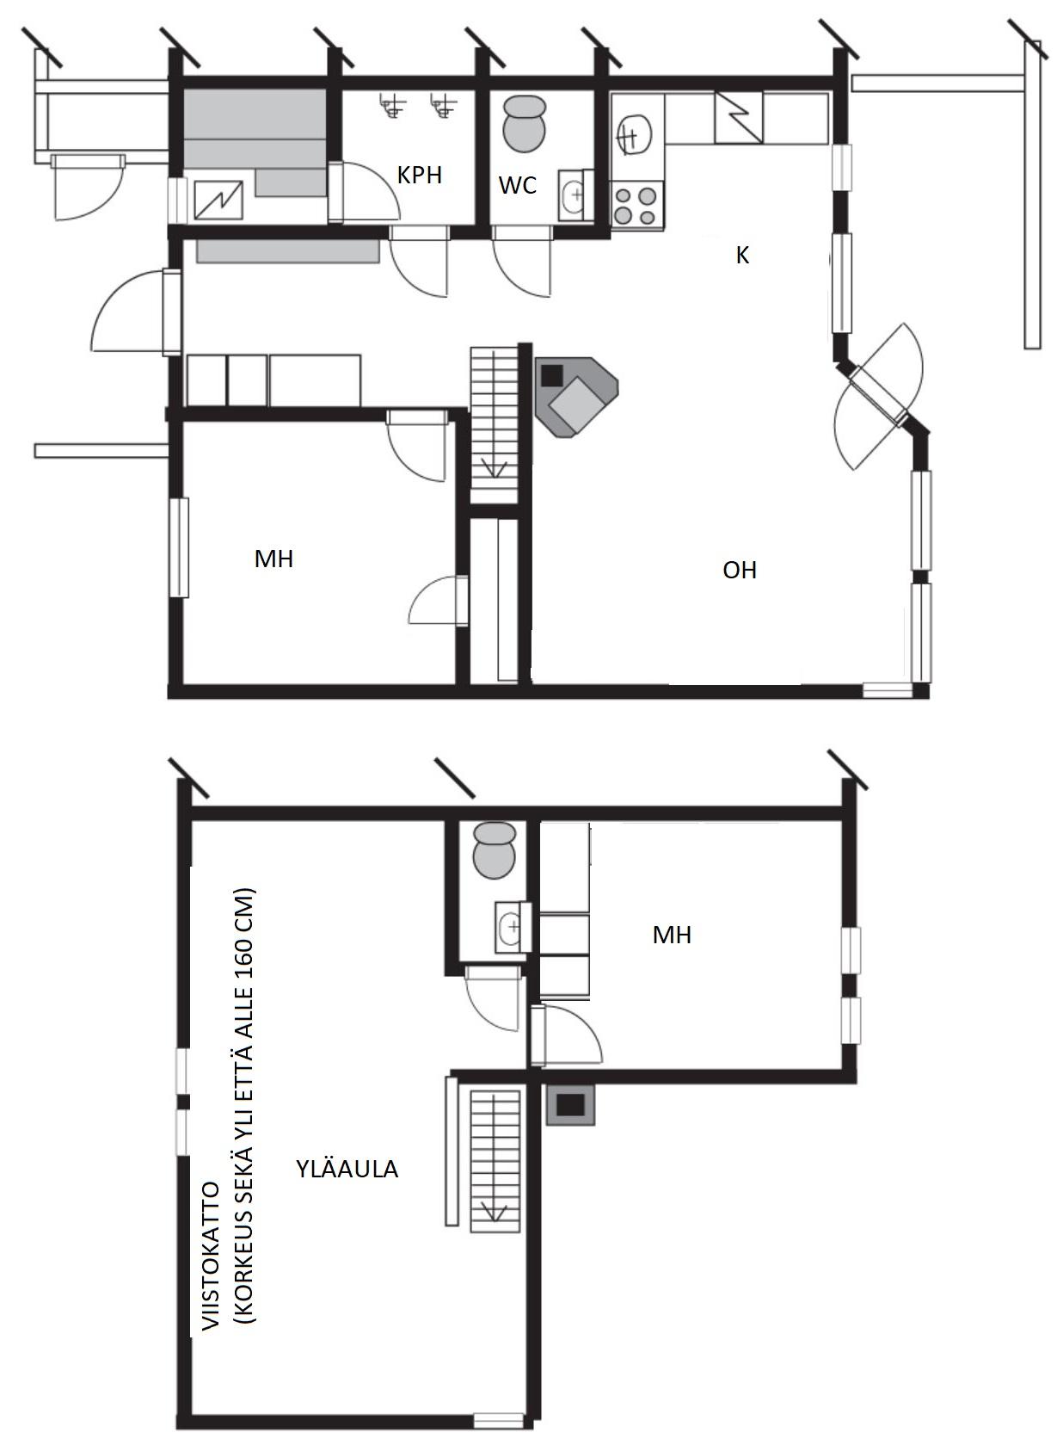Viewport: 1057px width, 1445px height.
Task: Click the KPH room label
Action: pyautogui.click(x=419, y=175)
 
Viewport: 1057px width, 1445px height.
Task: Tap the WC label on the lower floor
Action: pyautogui.click(x=517, y=185)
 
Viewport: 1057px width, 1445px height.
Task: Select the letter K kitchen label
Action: pyautogui.click(x=742, y=256)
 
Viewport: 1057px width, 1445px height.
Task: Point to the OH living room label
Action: pyautogui.click(x=740, y=570)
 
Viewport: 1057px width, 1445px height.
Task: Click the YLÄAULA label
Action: pyautogui.click(x=347, y=1169)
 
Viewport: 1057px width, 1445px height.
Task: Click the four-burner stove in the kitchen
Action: pyautogui.click(x=636, y=205)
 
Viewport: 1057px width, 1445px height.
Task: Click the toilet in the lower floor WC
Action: pyautogui.click(x=523, y=124)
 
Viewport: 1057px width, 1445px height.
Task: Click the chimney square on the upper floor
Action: pyautogui.click(x=569, y=1105)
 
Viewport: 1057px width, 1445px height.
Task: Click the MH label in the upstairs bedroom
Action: pyautogui.click(x=672, y=935)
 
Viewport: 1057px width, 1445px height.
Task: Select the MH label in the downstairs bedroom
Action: pyautogui.click(x=273, y=559)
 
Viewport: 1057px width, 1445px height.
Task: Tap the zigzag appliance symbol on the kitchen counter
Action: pyautogui.click(x=739, y=117)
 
